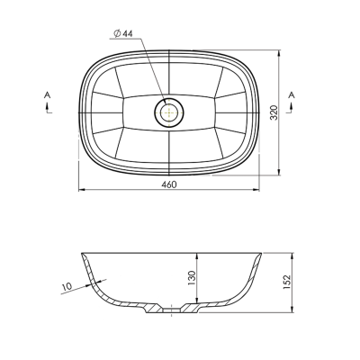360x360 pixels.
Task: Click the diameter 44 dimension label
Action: (123, 33)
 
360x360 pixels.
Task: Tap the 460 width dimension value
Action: (169, 184)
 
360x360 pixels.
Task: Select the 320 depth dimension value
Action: (274, 112)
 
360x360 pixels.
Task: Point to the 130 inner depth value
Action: (192, 278)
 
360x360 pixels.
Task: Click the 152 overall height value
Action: (287, 282)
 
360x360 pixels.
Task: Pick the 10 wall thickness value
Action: (67, 286)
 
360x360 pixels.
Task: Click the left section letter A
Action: (47, 95)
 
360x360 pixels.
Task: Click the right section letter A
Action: (292, 95)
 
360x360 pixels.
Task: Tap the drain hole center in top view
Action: (169, 112)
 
